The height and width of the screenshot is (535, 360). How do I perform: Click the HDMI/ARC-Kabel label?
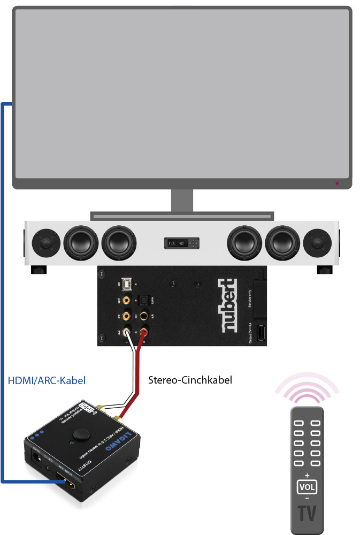pos(47,381)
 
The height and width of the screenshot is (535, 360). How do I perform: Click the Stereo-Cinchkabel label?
pos(190,381)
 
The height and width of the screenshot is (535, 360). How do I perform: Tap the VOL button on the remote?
pos(307,487)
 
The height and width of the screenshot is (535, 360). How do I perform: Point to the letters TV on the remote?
pos(307,513)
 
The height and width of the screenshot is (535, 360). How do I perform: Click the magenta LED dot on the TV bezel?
pos(336,183)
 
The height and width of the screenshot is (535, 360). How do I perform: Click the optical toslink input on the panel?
pos(144,301)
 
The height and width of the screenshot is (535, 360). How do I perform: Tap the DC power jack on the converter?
pos(37,456)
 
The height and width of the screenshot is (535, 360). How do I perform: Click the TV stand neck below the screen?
pos(182,201)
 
